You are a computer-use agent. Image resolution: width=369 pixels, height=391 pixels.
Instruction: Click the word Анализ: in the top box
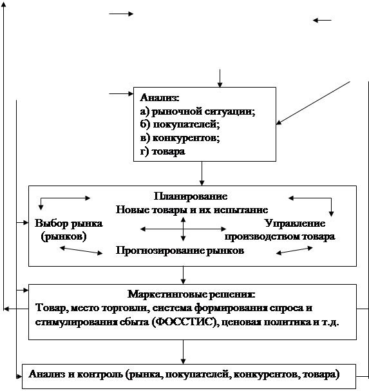pyautogui.click(x=160, y=97)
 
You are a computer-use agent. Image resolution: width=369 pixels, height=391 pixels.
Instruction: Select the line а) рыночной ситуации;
pyautogui.click(x=198, y=111)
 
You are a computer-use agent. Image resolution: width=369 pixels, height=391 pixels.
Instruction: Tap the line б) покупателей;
pyautogui.click(x=180, y=124)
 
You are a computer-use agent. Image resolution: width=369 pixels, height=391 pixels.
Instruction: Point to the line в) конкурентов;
pyautogui.click(x=180, y=138)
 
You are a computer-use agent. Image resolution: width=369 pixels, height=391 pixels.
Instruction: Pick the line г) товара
pyautogui.click(x=162, y=151)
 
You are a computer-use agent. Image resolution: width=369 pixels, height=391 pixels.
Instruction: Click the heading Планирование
pyautogui.click(x=191, y=196)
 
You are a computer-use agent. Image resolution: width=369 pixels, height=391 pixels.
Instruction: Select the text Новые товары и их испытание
pyautogui.click(x=192, y=210)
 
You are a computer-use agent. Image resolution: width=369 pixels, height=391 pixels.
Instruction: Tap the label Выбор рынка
pyautogui.click(x=69, y=223)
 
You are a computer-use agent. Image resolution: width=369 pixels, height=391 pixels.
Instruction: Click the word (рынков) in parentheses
pyautogui.click(x=64, y=236)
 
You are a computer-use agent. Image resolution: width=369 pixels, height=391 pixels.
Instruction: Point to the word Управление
pyautogui.click(x=295, y=223)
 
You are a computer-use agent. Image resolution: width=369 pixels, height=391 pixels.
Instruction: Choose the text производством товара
pyautogui.click(x=279, y=236)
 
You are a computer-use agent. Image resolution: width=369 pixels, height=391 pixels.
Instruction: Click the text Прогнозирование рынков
pyautogui.click(x=180, y=250)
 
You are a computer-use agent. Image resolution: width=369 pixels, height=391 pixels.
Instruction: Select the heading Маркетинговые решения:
pyautogui.click(x=191, y=294)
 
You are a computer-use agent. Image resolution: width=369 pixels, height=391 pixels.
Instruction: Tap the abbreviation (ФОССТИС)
pyautogui.click(x=185, y=322)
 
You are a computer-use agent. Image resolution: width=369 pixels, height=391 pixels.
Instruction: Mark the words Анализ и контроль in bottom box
pyautogui.click(x=76, y=374)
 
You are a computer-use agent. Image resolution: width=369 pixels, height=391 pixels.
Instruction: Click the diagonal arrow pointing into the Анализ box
pyautogui.click(x=313, y=102)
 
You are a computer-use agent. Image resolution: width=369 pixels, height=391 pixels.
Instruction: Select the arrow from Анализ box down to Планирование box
pyautogui.click(x=202, y=173)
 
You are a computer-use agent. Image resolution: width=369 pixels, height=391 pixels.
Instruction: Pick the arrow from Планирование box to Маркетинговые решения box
pyautogui.click(x=184, y=275)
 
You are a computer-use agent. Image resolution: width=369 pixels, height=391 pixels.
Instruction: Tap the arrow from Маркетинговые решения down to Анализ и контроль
pyautogui.click(x=184, y=352)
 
